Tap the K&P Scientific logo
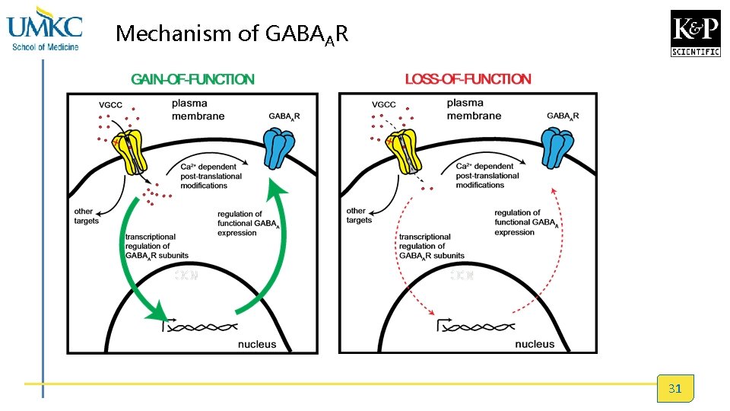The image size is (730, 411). click(695, 33)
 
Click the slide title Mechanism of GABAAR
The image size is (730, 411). click(232, 33)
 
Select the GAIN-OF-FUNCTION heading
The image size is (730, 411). click(192, 78)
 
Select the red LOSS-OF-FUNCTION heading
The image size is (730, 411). click(468, 78)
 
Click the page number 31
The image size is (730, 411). click(674, 389)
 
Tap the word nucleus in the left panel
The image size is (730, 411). click(257, 344)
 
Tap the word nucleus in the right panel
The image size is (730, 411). click(535, 344)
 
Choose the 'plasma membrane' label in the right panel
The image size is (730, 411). click(474, 110)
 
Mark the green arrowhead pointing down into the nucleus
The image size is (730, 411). click(157, 311)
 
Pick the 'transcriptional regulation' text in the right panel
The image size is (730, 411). click(432, 246)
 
